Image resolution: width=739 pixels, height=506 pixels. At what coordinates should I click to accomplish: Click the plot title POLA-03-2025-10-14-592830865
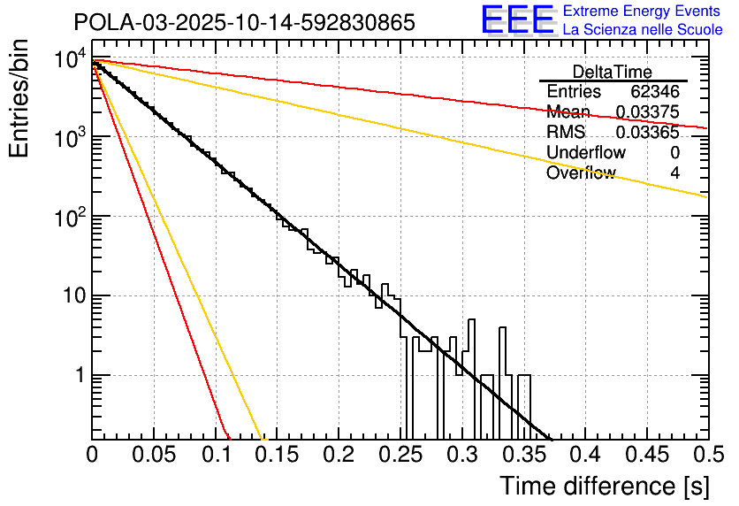(x=243, y=22)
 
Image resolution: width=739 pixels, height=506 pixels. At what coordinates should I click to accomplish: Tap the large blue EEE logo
(x=517, y=19)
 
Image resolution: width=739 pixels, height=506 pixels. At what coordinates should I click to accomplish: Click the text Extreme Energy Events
(x=643, y=11)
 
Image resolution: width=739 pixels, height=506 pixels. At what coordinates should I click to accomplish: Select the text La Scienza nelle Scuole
(x=643, y=29)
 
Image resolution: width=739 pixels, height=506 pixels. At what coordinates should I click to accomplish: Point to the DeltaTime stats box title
(x=612, y=72)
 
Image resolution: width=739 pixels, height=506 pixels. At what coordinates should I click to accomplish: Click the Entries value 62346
(x=655, y=92)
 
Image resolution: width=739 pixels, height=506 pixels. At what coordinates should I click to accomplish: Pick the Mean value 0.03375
(x=647, y=112)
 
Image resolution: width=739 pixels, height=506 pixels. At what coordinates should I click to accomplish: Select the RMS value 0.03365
(x=647, y=133)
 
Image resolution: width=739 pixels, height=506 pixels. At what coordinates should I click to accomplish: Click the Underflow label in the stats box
(x=586, y=153)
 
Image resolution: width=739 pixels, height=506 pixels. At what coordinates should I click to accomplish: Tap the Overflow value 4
(x=674, y=173)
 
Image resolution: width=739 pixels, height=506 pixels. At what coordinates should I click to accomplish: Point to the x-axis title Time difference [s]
(x=604, y=486)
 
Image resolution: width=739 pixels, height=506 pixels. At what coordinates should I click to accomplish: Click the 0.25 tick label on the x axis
(x=400, y=456)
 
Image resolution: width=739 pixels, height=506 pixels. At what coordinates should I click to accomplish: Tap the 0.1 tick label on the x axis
(x=216, y=456)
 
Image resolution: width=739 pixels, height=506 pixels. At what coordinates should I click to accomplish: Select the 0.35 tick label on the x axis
(x=523, y=456)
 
